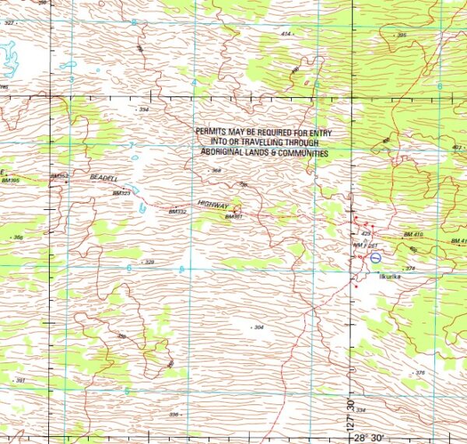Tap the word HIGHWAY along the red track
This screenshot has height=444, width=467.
coord(212,204)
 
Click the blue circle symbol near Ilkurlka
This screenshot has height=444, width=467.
coord(375,257)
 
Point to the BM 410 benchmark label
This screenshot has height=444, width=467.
coord(413,234)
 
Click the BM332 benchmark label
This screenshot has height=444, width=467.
coord(177,212)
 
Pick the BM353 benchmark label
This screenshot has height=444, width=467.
coord(59,177)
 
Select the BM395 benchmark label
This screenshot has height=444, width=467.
coord(10,180)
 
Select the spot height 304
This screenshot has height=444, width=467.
coord(259,327)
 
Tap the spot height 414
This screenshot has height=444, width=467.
coord(286,34)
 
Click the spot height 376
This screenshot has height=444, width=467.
coord(420,372)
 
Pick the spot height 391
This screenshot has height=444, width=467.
coord(21,380)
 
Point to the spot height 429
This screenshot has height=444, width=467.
coord(367,233)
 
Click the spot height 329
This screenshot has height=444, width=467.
coord(149,262)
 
